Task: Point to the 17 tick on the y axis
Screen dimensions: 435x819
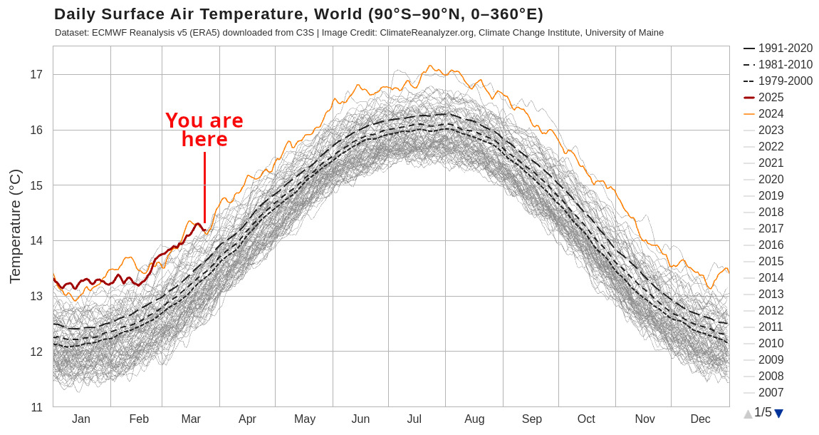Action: click(x=36, y=75)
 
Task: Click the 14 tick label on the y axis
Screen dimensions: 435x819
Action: click(x=36, y=241)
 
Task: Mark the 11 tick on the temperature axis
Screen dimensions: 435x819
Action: click(x=36, y=407)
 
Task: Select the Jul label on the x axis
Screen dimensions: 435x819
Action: click(x=414, y=419)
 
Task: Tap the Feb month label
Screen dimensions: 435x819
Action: click(x=139, y=419)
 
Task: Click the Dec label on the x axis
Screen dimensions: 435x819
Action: click(x=700, y=419)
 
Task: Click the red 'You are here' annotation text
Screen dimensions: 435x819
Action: click(x=204, y=130)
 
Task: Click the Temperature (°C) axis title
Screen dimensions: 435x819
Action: click(x=15, y=226)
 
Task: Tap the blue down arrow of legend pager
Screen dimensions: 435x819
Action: click(x=778, y=414)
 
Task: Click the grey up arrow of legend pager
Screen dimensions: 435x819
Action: click(x=748, y=414)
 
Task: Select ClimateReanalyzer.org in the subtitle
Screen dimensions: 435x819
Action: click(x=425, y=33)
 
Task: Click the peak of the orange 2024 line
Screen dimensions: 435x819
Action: click(x=429, y=66)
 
